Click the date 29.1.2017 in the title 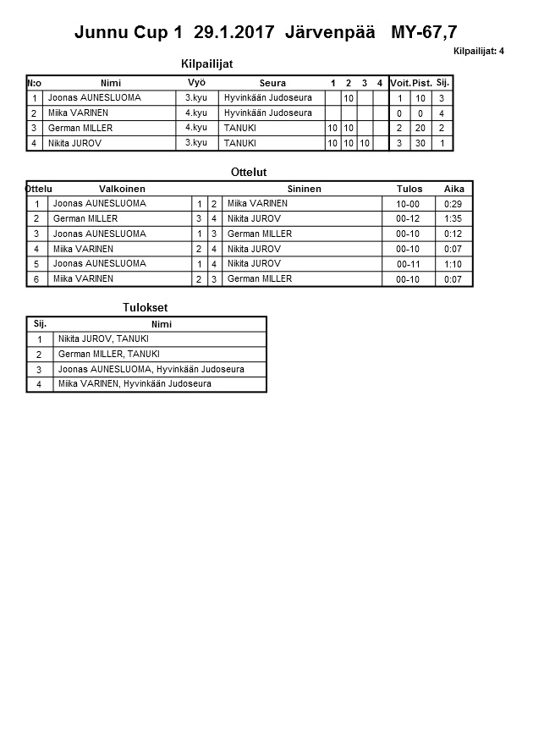coord(234,33)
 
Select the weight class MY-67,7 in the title coord(425,33)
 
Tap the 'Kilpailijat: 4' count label coord(478,52)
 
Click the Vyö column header coord(196,82)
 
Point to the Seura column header coord(272,83)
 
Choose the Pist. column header coord(421,83)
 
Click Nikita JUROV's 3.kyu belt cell coord(196,143)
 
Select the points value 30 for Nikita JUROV coord(421,144)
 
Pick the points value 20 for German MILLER coord(421,129)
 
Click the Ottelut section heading coord(249,173)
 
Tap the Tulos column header coord(409,189)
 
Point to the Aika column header coord(454,189)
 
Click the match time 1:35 coord(453,219)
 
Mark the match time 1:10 coord(453,264)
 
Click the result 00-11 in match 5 coord(409,264)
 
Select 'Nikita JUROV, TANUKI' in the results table coord(103,339)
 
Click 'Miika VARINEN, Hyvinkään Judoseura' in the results coord(135,384)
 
